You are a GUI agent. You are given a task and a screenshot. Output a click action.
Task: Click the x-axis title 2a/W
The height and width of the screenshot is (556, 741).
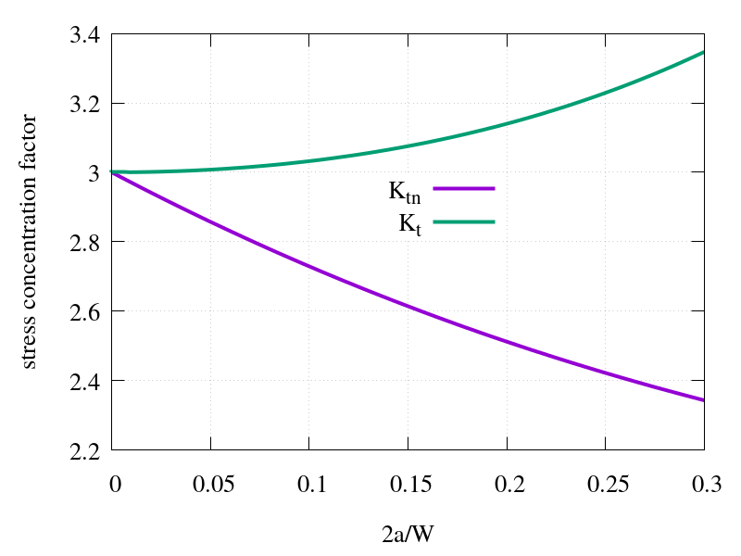pos(408,535)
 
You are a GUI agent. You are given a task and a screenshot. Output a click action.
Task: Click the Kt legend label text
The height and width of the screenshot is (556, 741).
pos(410,225)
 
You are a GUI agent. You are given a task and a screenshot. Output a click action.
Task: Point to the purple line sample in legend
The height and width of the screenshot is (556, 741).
pos(462,189)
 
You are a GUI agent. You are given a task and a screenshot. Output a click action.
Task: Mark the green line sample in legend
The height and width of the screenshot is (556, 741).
pos(462,222)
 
